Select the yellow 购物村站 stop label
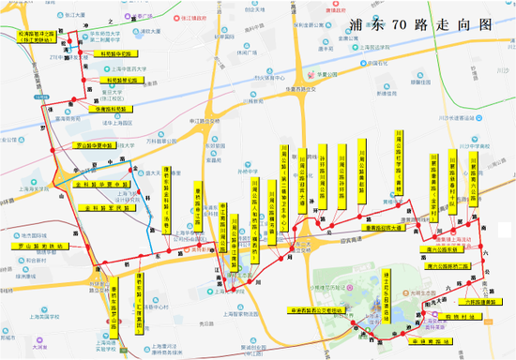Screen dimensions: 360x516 pyautogui.click(x=463, y=317)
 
